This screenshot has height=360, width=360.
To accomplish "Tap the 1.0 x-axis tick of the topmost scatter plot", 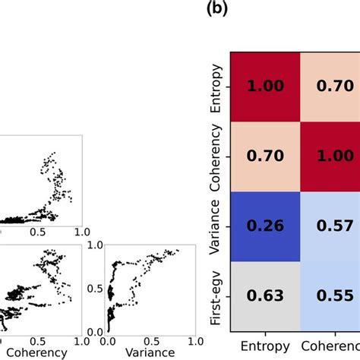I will click(82, 231).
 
